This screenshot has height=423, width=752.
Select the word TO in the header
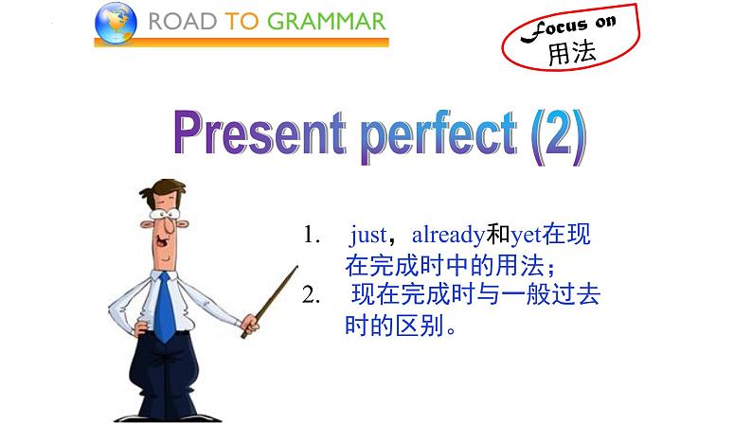pos(243,22)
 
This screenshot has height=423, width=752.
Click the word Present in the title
pos(243,139)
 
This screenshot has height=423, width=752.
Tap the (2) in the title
pos(554,139)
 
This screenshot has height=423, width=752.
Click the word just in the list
pos(368,234)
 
